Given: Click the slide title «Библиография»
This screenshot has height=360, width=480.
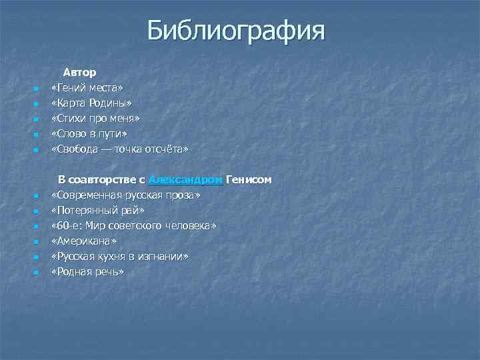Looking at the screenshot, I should click(x=236, y=30).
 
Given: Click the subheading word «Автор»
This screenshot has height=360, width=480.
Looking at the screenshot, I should click(x=80, y=71).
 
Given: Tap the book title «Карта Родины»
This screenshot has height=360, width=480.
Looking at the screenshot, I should click(x=91, y=103).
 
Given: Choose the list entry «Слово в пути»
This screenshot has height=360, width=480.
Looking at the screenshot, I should click(x=89, y=135).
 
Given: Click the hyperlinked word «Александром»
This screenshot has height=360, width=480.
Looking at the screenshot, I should click(x=186, y=180).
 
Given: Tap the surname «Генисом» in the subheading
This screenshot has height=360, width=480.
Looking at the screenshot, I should click(x=249, y=180).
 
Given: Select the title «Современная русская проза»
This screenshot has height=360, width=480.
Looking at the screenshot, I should click(x=126, y=196).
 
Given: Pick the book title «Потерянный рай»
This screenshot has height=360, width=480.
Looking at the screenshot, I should click(x=97, y=211).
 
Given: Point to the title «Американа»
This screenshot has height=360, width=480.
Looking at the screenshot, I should click(x=84, y=242).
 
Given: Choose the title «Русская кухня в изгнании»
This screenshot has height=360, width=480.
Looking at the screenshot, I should click(x=120, y=257).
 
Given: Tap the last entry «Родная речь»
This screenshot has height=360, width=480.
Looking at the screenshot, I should click(x=87, y=272).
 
